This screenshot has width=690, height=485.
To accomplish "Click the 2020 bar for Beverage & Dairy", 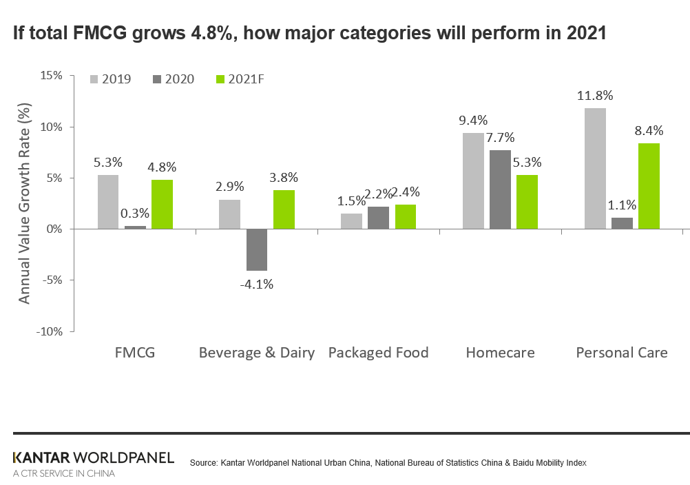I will [256, 249].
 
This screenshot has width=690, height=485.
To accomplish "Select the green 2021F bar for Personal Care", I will [649, 186].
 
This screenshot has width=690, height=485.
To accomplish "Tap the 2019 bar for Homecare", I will [472, 180].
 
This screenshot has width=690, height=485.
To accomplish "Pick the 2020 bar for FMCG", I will [135, 227].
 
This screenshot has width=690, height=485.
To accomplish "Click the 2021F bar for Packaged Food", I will [406, 216].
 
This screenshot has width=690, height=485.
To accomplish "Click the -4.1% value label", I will [256, 283].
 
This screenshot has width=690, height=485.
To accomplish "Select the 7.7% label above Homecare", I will [500, 137].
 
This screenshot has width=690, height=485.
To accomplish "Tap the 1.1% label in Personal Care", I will [622, 205].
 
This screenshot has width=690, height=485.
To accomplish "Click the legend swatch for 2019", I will [94, 79].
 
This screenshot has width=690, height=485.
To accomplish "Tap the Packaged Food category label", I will [378, 353].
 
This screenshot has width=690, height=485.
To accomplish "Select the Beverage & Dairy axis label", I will [256, 353].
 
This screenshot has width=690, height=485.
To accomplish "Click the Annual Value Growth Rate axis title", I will [25, 203].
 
